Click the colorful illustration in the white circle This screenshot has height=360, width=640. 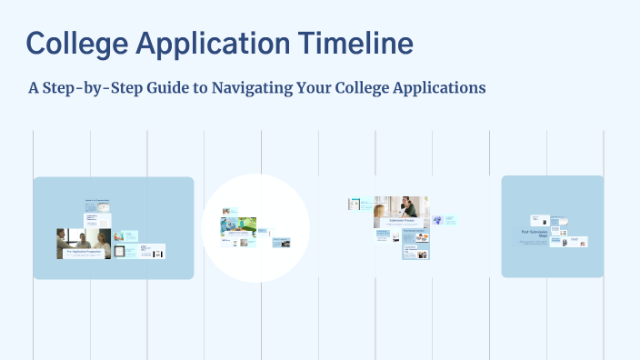pyautogui.click(x=238, y=224)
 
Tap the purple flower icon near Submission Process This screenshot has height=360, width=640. pyautogui.click(x=438, y=219)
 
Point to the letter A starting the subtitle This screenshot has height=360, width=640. pyautogui.click(x=34, y=87)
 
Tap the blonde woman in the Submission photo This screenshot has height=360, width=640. pyautogui.click(x=379, y=213)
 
